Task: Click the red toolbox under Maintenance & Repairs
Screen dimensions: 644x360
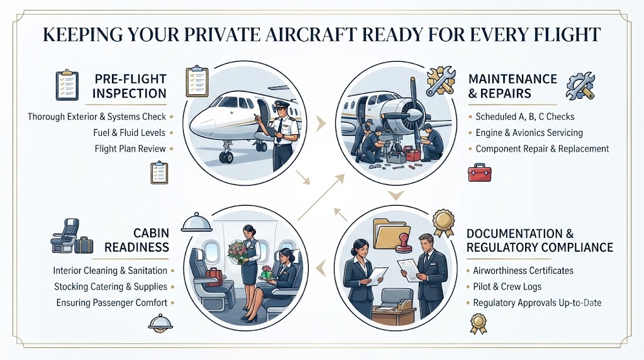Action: pyautogui.click(x=480, y=172)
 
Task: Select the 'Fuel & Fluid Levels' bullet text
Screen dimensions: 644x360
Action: pyautogui.click(x=130, y=133)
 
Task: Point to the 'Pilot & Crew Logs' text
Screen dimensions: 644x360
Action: pyautogui.click(x=508, y=286)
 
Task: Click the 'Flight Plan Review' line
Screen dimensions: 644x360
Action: pyautogui.click(x=130, y=149)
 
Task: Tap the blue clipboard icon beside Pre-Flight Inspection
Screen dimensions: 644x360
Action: pyautogui.click(x=67, y=86)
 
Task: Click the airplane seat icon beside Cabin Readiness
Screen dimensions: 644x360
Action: pyautogui.click(x=65, y=235)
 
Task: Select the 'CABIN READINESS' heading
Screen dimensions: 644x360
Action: pyautogui.click(x=136, y=240)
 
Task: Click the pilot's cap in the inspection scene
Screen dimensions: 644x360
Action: pyautogui.click(x=282, y=104)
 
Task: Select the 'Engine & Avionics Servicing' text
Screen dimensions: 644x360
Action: pyautogui.click(x=530, y=133)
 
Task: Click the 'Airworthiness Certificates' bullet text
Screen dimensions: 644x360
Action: pyautogui.click(x=523, y=271)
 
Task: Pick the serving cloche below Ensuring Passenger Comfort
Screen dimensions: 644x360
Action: pyautogui.click(x=160, y=323)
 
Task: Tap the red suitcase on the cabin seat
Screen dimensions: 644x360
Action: pyautogui.click(x=214, y=277)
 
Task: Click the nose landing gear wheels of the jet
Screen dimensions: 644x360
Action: pyautogui.click(x=226, y=157)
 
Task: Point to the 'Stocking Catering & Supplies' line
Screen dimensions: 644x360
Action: pyautogui.click(x=111, y=286)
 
